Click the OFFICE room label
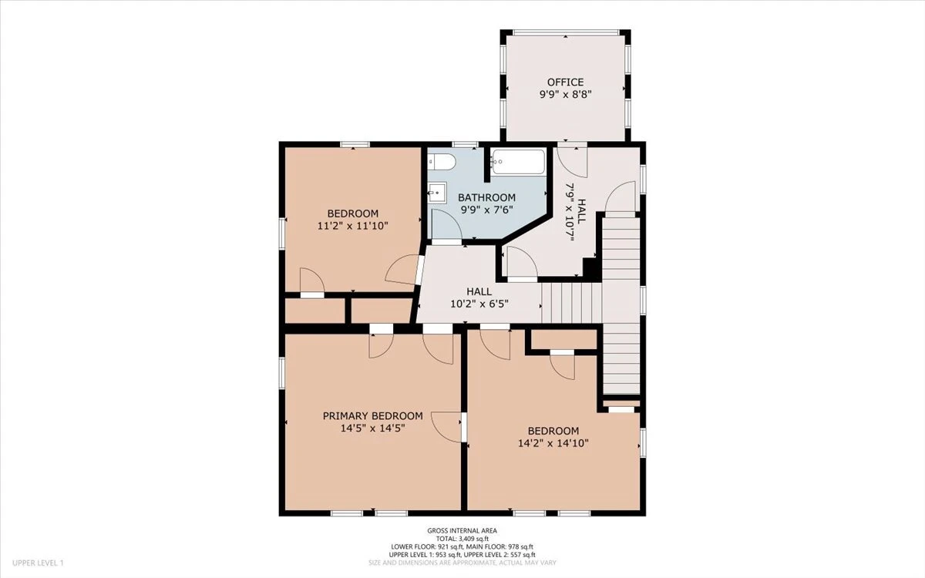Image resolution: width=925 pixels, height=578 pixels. tap(565, 82)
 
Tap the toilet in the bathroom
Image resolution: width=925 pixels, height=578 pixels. tap(442, 161)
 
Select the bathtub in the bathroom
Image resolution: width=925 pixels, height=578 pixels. tap(519, 162)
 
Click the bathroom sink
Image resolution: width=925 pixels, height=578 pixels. tap(436, 192)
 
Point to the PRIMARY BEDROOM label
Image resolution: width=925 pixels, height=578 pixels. tap(373, 415)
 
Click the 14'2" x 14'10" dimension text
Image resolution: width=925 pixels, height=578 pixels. tap(553, 443)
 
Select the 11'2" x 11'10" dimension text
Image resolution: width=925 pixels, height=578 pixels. tap(353, 226)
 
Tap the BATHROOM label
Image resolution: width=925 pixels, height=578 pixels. tap(487, 198)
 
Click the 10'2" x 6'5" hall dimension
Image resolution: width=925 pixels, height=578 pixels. tap(479, 304)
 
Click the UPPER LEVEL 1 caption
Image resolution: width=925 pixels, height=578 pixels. tap(38, 563)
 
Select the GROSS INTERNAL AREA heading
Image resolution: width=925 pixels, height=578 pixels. tap(462, 531)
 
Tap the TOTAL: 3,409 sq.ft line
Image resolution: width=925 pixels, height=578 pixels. tap(462, 539)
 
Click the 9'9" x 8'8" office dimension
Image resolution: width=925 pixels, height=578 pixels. tap(565, 94)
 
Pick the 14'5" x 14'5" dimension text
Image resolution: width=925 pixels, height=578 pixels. tap(373, 428)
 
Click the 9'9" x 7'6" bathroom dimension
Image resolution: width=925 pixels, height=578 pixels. tap(487, 210)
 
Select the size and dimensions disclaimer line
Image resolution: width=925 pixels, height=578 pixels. tap(462, 563)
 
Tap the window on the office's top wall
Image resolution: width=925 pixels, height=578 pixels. tap(566, 32)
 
